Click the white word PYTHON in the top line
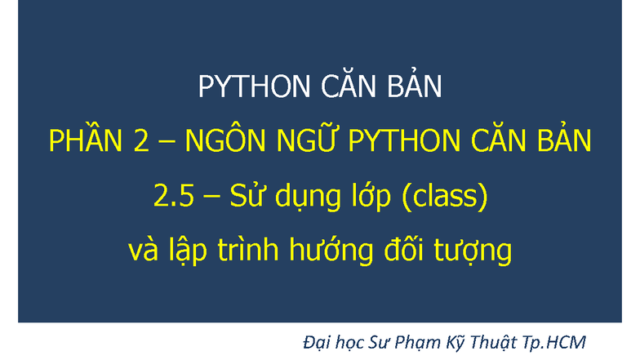click(x=254, y=87)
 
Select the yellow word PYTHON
click(x=404, y=140)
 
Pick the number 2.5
click(x=174, y=196)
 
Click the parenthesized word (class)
click(x=445, y=196)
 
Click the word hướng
click(x=331, y=250)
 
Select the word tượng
click(x=473, y=251)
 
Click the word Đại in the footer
click(x=317, y=343)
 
